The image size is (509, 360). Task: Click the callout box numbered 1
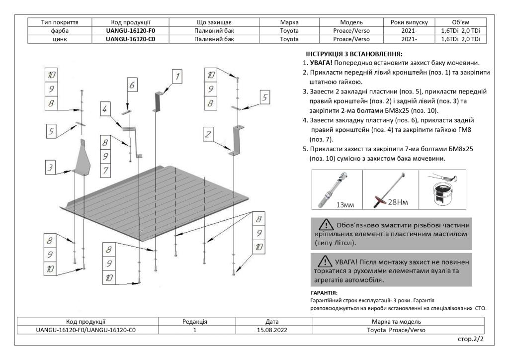click(x=177, y=76)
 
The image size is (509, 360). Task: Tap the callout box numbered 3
click(x=50, y=168)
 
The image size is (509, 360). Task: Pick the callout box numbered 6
click(x=132, y=86)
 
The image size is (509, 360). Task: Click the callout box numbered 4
click(x=105, y=108)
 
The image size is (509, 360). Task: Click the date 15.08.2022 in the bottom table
click(x=269, y=330)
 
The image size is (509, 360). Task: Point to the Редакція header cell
click(x=195, y=322)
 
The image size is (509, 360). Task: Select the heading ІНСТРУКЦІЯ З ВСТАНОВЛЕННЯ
click(x=352, y=53)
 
